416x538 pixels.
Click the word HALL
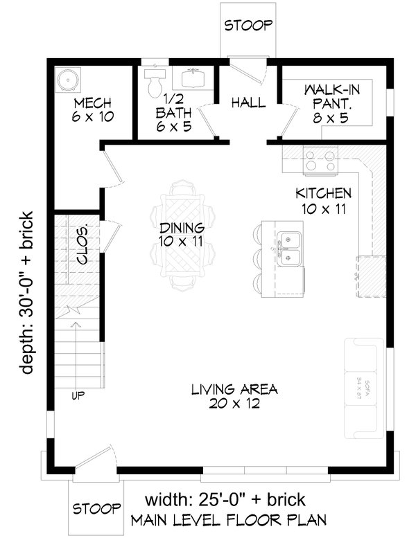pyautogui.click(x=248, y=102)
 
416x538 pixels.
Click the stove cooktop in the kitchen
pyautogui.click(x=320, y=161)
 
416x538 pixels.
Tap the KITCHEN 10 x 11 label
pyautogui.click(x=323, y=201)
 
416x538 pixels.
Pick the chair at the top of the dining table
pyautogui.click(x=184, y=188)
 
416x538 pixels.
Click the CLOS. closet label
pyautogui.click(x=82, y=245)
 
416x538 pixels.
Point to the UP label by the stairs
pyautogui.click(x=79, y=396)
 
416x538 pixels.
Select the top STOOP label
pyautogui.click(x=248, y=26)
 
